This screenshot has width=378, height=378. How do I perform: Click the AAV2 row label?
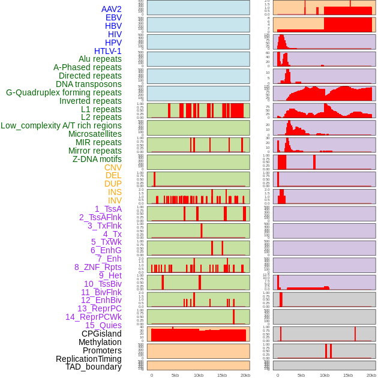click(x=112, y=10)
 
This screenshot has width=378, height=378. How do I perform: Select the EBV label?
click(x=113, y=18)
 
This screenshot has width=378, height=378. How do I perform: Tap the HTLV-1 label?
click(x=108, y=51)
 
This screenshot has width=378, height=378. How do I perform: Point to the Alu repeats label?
click(x=100, y=59)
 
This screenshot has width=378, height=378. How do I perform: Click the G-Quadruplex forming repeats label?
click(x=64, y=92)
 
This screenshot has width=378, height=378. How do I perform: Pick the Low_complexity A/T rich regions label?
click(x=61, y=125)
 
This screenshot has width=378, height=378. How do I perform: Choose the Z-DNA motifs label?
click(x=97, y=159)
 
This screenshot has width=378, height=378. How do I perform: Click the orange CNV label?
click(x=113, y=167)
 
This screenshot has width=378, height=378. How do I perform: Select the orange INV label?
click(x=115, y=200)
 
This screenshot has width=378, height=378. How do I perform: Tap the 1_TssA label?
click(x=108, y=209)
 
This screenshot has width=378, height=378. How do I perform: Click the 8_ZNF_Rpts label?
click(x=98, y=267)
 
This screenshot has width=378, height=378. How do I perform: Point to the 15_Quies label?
click(x=103, y=325)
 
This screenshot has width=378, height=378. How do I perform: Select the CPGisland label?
click(x=101, y=334)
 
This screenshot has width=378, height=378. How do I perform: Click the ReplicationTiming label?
click(x=89, y=359)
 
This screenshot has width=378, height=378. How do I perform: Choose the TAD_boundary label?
click(x=94, y=367)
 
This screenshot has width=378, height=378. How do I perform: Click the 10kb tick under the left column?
click(x=199, y=376)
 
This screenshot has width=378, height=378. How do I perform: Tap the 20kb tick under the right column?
click(x=371, y=376)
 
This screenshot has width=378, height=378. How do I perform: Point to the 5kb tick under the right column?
click(x=301, y=376)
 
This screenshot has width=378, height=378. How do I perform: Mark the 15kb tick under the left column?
click(x=222, y=376)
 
